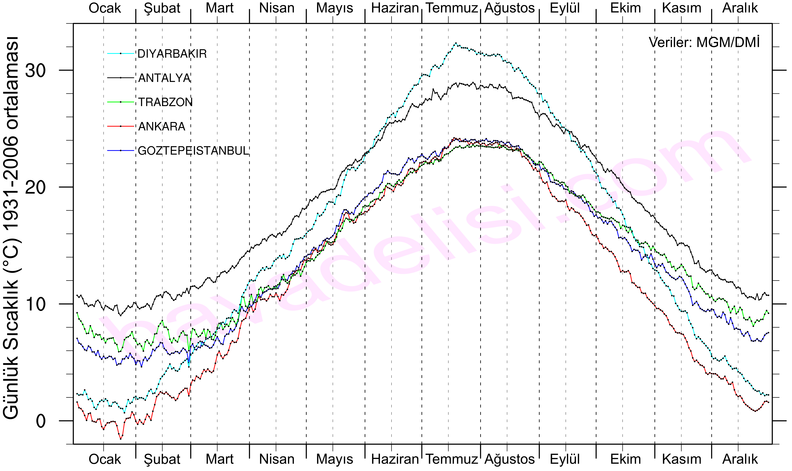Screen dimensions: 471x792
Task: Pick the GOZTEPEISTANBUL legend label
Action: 194,151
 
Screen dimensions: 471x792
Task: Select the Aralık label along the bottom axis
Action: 740,459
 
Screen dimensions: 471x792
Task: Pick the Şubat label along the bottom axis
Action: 162,459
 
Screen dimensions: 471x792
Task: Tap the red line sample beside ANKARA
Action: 121,126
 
